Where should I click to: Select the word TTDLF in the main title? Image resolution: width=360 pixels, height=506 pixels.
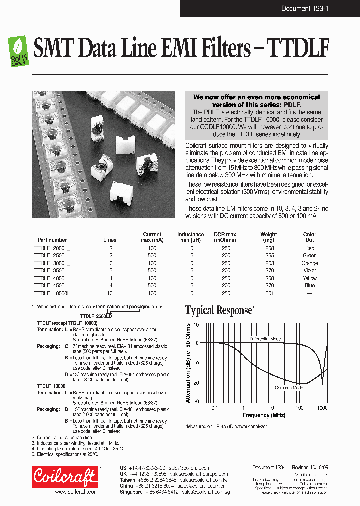click(x=298, y=49)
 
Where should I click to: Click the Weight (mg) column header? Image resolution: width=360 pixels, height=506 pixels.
click(x=268, y=237)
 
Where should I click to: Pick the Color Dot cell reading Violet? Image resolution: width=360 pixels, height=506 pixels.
click(x=310, y=270)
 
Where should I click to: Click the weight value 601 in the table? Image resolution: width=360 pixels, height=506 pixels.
click(x=269, y=293)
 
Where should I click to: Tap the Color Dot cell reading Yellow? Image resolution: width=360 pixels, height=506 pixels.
click(x=310, y=278)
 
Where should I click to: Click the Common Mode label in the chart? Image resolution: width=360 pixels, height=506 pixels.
click(x=289, y=387)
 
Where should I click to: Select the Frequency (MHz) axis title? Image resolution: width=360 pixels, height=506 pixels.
click(x=264, y=415)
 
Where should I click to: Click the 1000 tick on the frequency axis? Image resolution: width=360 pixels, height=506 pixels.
click(x=322, y=408)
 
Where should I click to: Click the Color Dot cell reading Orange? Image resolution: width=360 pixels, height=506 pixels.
click(x=310, y=263)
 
